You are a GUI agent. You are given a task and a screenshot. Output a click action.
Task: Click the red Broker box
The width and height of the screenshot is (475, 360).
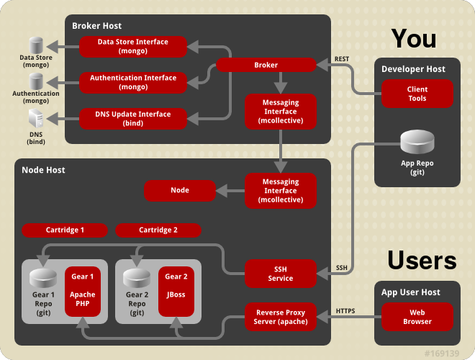266,65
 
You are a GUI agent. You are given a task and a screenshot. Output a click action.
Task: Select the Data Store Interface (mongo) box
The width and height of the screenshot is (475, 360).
132,47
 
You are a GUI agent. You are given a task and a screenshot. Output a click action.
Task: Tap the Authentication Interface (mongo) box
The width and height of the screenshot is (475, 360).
132,82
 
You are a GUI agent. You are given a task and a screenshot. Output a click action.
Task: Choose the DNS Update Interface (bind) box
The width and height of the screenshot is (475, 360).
132,118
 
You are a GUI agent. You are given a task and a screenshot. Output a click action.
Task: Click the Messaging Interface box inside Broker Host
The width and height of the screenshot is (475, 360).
281,112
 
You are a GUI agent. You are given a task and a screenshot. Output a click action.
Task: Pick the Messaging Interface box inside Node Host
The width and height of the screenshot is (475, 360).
281,190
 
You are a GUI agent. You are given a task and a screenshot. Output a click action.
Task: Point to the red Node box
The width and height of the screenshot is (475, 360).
179,190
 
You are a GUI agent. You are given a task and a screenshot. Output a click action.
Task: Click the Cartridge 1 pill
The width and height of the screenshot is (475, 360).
65,230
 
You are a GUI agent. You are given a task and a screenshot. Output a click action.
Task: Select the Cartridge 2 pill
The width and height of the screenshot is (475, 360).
158,230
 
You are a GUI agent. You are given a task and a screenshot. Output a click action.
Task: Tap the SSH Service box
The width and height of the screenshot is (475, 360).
281,273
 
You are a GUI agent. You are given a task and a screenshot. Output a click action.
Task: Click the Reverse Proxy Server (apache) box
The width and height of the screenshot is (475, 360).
281,316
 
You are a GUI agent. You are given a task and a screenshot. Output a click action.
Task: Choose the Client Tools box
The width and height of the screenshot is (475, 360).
417,94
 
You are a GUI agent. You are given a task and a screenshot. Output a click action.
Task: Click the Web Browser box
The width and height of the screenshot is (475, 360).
417,316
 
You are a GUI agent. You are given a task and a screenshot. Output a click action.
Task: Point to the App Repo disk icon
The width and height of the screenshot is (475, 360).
417,143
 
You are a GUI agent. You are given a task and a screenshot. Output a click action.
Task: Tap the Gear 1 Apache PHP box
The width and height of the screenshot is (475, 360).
83,294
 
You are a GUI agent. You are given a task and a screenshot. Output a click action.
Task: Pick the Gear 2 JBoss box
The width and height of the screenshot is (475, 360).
176,294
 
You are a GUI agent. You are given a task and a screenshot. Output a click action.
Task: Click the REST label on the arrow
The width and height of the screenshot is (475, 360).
342,58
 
